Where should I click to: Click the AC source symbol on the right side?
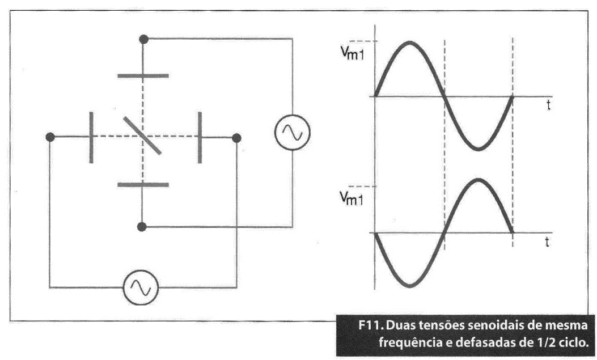click(292, 133)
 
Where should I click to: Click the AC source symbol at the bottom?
click(141, 287)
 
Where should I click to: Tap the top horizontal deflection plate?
click(143, 76)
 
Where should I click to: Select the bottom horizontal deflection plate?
click(143, 185)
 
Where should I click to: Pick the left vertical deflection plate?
click(91, 137)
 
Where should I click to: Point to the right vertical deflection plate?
click(200, 137)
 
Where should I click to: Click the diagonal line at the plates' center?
click(142, 135)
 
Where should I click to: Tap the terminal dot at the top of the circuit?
click(143, 39)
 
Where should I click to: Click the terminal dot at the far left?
click(50, 137)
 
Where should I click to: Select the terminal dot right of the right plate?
click(236, 138)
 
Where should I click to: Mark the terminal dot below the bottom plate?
click(142, 227)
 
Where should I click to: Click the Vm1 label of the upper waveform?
click(352, 54)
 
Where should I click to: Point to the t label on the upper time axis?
click(548, 105)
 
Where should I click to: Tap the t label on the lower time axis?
click(547, 242)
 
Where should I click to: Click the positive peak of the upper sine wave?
click(409, 42)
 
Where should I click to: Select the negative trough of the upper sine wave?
click(479, 149)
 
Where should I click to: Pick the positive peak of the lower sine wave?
click(479, 179)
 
